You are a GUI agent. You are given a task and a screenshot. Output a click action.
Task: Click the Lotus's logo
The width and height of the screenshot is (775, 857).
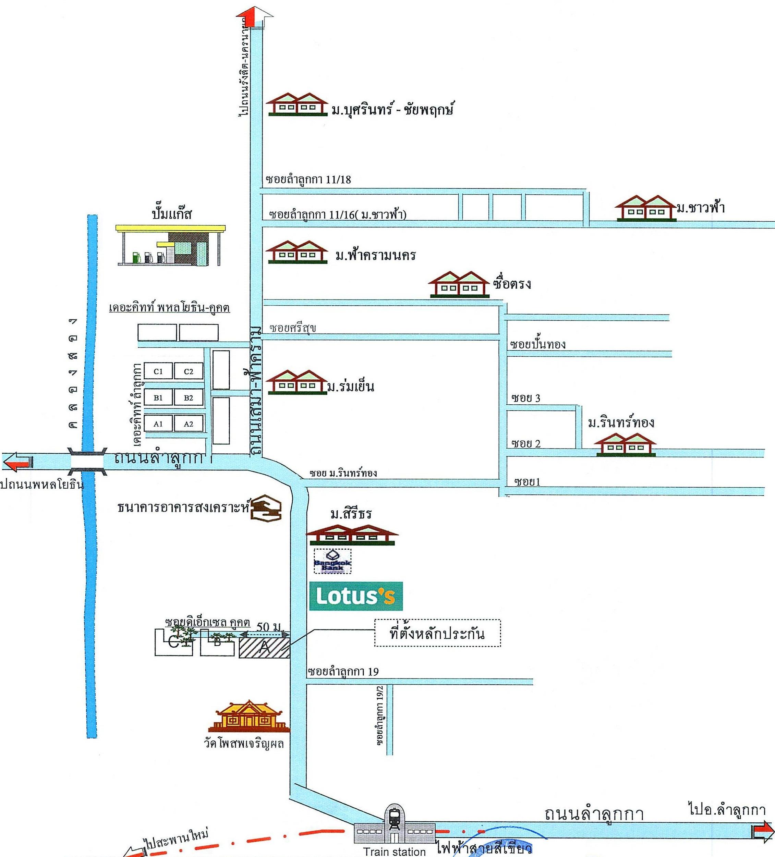coord(355,596)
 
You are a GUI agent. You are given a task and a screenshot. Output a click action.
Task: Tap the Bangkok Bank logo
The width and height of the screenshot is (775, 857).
coord(332,561)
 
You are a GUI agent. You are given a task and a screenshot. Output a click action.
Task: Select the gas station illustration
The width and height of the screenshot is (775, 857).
coord(170,246)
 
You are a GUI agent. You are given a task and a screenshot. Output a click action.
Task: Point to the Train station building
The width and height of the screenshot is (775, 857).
coord(395,825)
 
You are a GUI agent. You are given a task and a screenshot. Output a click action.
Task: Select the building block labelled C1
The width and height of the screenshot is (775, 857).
coord(158,371)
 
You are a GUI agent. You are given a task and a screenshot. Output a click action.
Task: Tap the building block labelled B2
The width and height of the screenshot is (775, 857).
coord(188,397)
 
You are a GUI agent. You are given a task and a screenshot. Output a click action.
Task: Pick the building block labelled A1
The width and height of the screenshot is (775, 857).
coord(158,424)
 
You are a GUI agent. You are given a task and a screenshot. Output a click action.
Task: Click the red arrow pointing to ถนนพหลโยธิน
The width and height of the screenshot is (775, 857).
coord(17,462)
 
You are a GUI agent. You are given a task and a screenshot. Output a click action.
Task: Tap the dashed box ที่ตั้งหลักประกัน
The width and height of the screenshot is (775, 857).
coord(437,633)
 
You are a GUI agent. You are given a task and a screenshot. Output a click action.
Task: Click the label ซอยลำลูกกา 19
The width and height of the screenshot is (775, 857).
coord(343,672)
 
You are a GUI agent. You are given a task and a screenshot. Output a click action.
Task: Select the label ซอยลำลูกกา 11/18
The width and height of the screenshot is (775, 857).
coord(308,180)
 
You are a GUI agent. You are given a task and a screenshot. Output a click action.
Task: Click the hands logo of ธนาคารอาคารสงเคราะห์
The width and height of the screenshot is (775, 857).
coord(266,508)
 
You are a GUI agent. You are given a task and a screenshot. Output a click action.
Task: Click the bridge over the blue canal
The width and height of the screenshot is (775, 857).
coord(87,462)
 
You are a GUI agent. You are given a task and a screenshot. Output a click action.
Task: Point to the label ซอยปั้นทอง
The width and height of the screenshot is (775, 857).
coord(538,344)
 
